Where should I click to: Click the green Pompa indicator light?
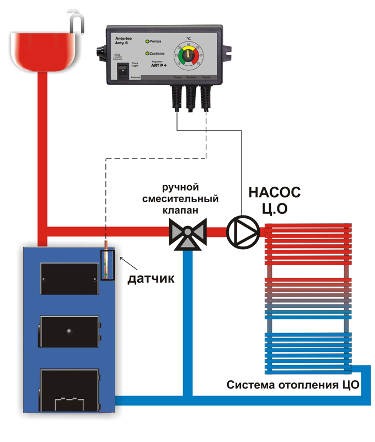pyautogui.click(x=146, y=41)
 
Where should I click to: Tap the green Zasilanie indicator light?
pyautogui.click(x=146, y=54)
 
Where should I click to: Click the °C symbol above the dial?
pyautogui.click(x=189, y=38)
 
